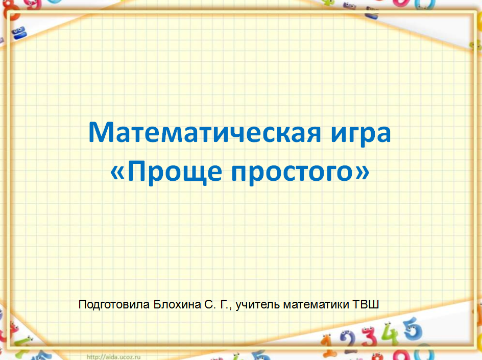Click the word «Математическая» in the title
tap(204, 132)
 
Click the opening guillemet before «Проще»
tap(117, 173)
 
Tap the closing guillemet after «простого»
tap(363, 173)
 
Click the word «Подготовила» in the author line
tap(114, 305)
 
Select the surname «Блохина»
tap(177, 304)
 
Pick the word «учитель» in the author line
tap(258, 305)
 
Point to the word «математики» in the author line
tap(316, 304)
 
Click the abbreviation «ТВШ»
tap(366, 304)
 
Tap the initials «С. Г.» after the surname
tap(217, 304)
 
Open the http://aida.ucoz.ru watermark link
tap(114, 357)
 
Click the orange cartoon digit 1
tap(327, 343)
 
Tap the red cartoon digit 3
tap(369, 337)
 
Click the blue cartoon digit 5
tap(413, 329)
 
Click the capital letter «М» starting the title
tap(99, 132)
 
